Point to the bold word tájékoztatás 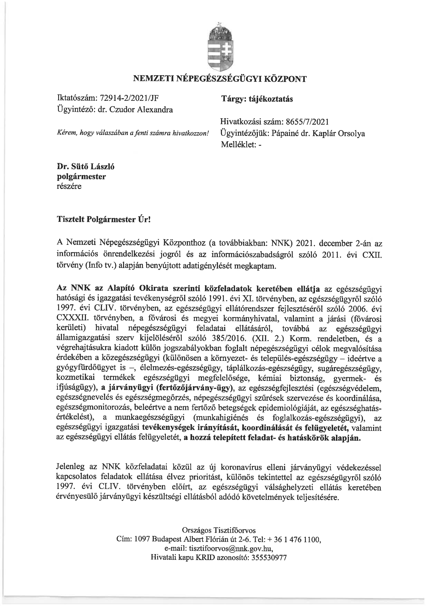point(271,99)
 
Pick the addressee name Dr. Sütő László point(86,167)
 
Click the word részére point(69,186)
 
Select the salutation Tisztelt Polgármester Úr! point(104,219)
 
